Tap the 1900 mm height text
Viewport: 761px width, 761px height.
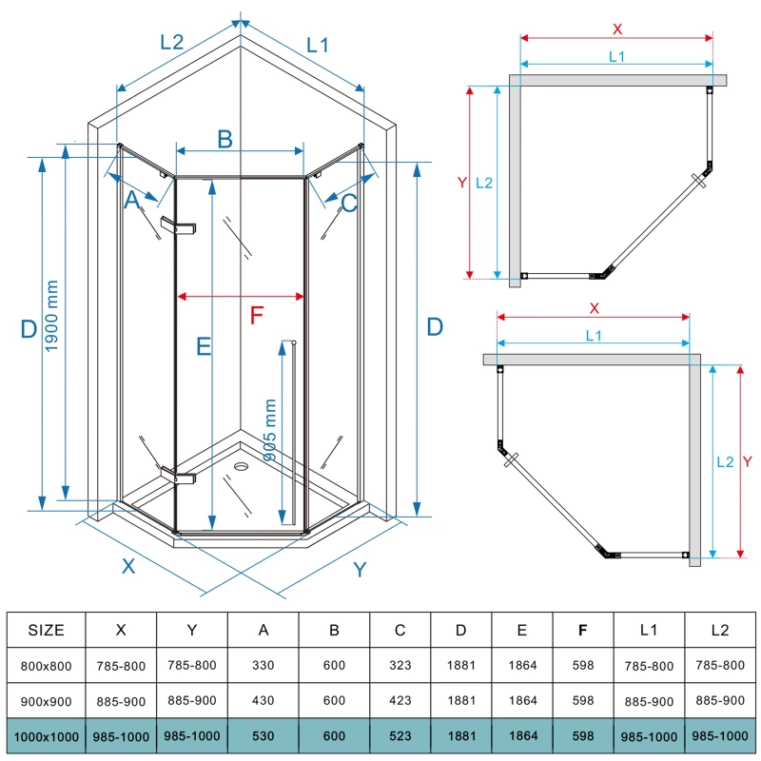(x=52, y=326)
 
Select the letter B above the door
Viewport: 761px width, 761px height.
(x=224, y=139)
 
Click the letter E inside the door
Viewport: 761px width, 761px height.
(x=203, y=346)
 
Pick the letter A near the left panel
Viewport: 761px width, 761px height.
(x=133, y=200)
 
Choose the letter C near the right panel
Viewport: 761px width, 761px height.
(x=349, y=202)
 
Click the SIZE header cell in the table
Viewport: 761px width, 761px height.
(x=46, y=630)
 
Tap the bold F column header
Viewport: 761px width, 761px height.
(x=583, y=630)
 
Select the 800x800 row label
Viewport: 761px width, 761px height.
(x=46, y=665)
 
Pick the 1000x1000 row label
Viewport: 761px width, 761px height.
(x=46, y=736)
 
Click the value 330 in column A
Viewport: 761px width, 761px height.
(x=263, y=665)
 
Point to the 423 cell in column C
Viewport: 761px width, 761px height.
(x=400, y=701)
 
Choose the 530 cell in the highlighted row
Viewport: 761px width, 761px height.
(x=263, y=736)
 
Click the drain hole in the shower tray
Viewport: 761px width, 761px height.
(x=241, y=466)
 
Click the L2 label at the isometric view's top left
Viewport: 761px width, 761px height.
(x=171, y=42)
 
